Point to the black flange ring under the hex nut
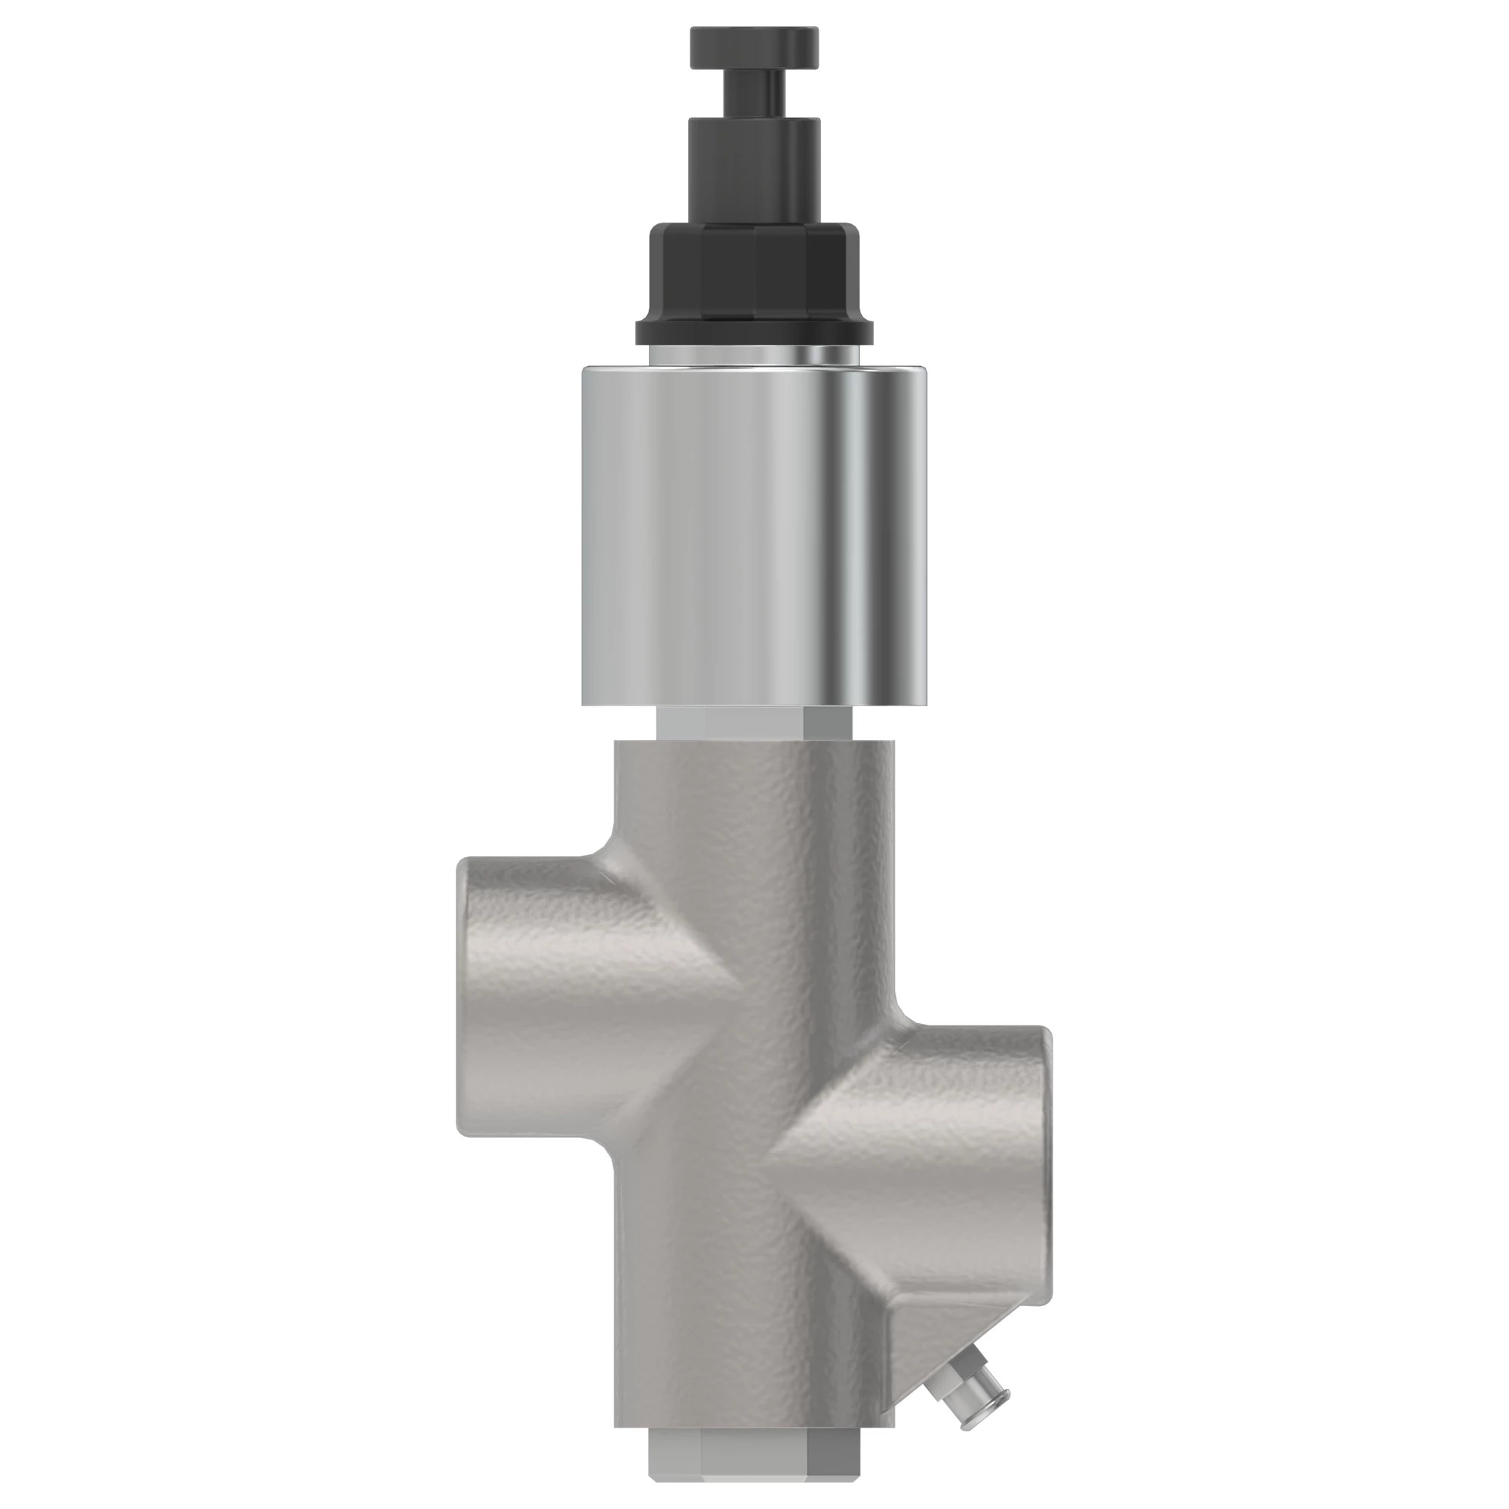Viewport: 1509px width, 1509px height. coord(754,331)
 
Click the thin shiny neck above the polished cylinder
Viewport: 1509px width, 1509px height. coord(754,356)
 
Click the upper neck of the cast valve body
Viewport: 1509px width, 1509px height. coord(754,789)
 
